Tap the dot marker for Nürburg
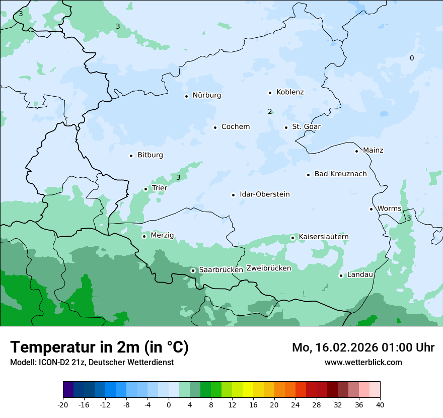point(186,96)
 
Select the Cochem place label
point(235,127)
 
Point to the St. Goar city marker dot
point(286,127)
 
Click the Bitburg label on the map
point(150,155)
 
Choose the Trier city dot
point(146,189)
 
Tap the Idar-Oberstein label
point(264,194)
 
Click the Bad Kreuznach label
point(340,174)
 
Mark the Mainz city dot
point(356,151)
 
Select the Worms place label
point(389,208)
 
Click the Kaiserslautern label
point(323,237)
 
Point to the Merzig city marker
point(144,236)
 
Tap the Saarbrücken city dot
point(193,270)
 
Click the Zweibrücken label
point(268,268)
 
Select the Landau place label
point(360,275)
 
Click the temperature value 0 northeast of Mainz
point(411,58)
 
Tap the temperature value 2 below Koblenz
point(270,111)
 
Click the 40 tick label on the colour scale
point(380,404)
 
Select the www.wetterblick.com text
point(363,362)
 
